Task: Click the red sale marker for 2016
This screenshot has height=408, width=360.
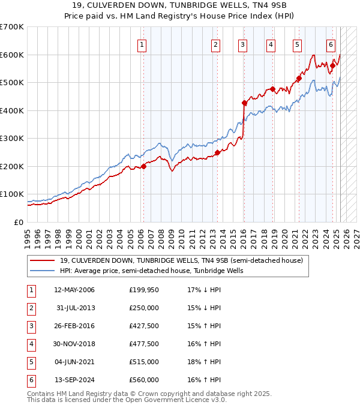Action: (x=244, y=103)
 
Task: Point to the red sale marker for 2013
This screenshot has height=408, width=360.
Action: (x=218, y=152)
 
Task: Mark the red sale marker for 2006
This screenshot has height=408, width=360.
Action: (x=143, y=166)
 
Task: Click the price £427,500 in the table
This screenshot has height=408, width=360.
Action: (x=144, y=326)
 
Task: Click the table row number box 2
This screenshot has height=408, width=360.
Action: (x=31, y=308)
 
